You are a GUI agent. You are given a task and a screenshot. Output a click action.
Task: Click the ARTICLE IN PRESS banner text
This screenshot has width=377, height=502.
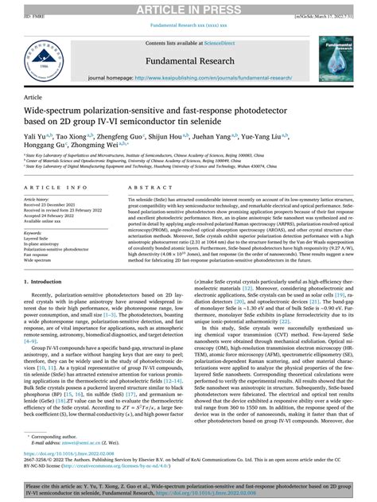(188, 8)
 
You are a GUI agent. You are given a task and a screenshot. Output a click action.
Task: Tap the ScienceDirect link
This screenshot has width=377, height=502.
(225, 41)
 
